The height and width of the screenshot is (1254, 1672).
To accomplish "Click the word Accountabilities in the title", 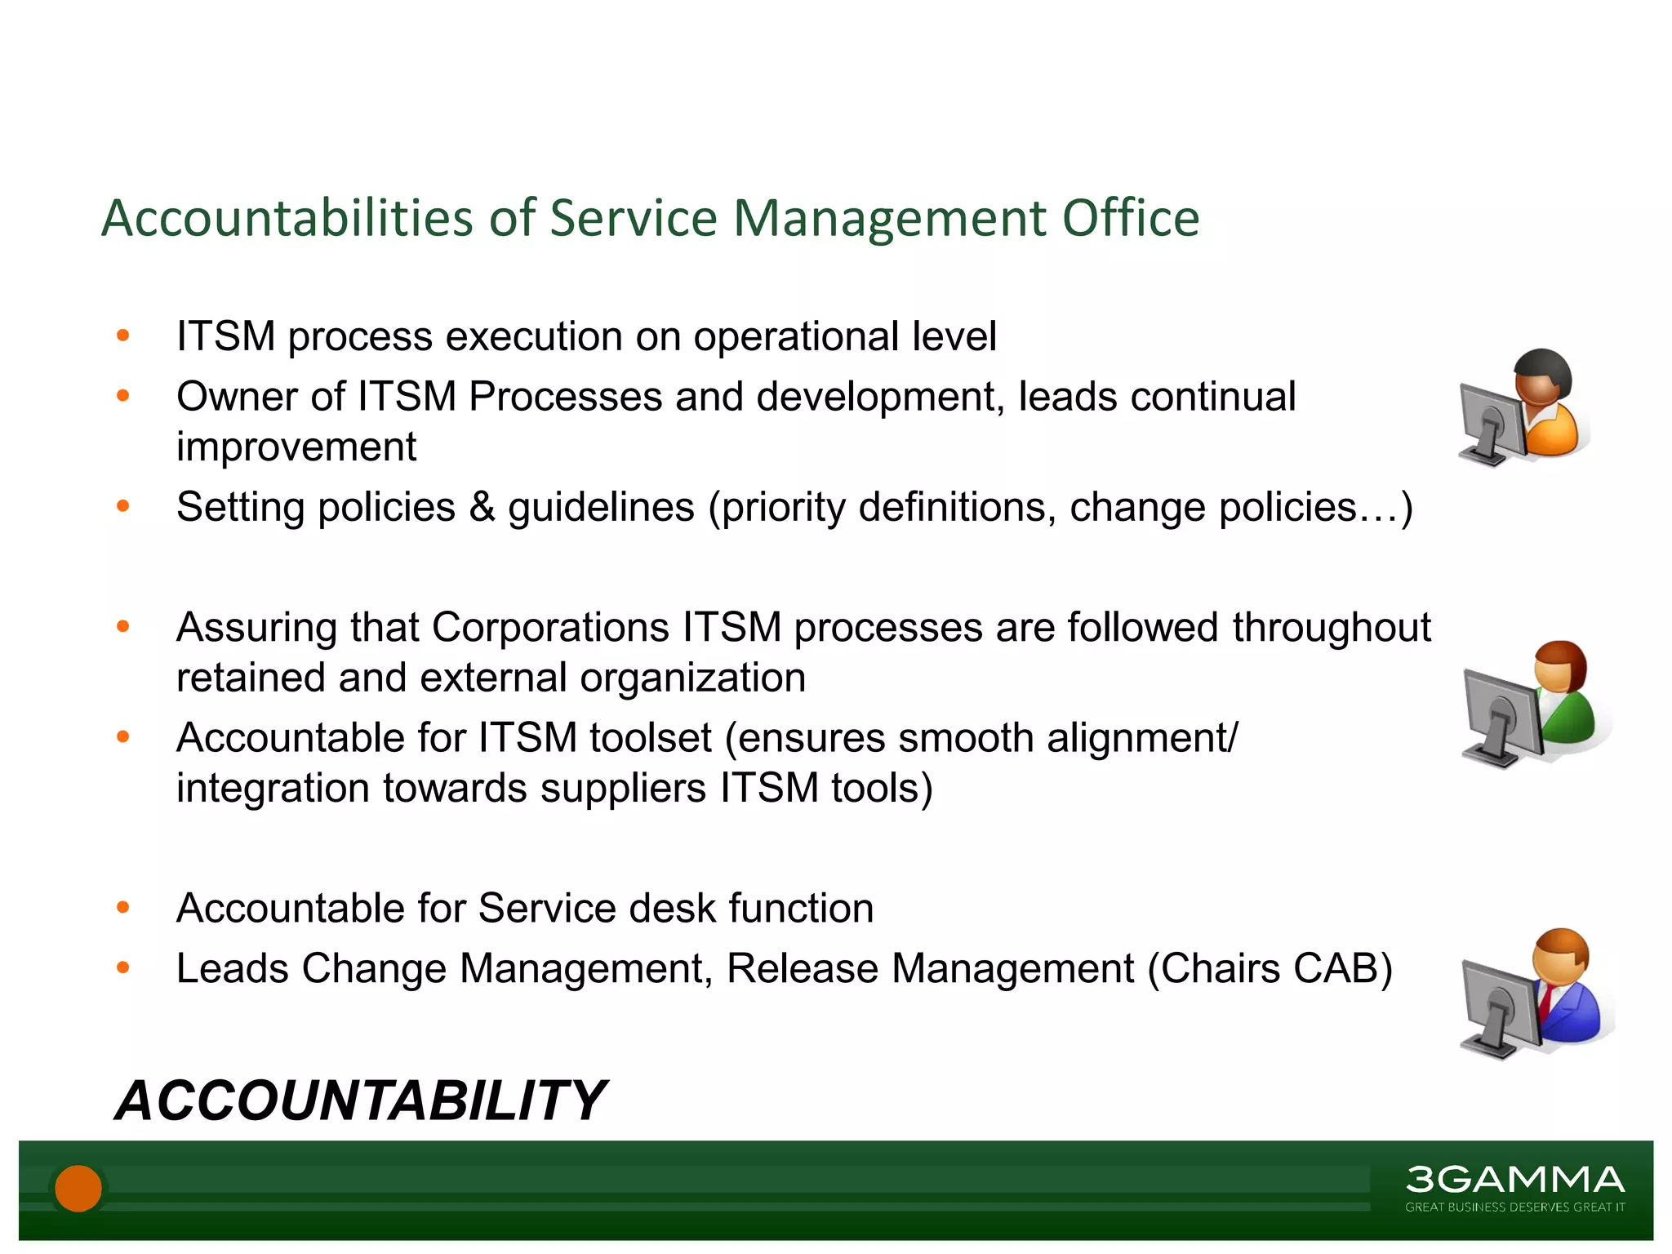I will (287, 219).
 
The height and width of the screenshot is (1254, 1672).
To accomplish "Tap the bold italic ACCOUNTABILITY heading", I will (360, 1101).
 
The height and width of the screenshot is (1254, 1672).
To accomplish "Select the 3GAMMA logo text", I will (1514, 1180).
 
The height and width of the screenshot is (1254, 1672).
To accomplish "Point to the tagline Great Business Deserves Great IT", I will (1514, 1207).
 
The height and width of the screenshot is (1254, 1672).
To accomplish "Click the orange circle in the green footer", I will (78, 1188).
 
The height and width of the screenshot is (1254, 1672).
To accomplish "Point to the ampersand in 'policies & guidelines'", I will (482, 507).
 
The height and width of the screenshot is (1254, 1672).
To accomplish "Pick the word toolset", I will (651, 738).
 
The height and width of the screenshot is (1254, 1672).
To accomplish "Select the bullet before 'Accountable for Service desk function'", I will (123, 907).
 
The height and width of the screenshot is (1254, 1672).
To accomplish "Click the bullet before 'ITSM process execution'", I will (123, 335).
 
